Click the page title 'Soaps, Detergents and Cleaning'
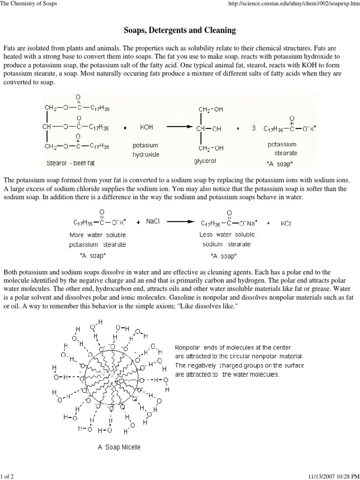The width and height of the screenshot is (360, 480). [180, 30]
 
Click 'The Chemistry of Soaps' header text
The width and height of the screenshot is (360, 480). [29, 4]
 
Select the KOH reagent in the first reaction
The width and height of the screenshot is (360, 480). [146, 127]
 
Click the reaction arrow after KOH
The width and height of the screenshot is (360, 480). [180, 127]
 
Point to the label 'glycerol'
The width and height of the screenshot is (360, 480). [204, 161]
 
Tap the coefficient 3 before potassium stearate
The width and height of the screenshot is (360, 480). [254, 127]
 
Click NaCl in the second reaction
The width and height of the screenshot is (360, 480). [153, 221]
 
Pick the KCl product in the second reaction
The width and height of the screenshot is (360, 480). [286, 224]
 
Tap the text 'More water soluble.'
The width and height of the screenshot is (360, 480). [98, 235]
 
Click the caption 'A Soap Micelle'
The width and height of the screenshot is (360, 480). [119, 447]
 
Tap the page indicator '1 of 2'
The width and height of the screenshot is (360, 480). [7, 476]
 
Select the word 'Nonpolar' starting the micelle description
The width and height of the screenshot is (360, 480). [187, 347]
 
